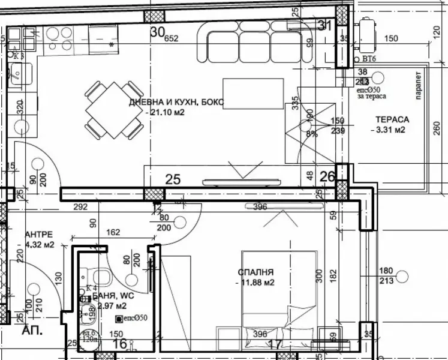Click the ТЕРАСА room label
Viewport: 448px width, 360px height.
pos(392,119)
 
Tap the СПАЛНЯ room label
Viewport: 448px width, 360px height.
pos(255,272)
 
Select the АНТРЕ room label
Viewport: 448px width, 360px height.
pos(40,234)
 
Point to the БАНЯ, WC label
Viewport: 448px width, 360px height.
pos(110,296)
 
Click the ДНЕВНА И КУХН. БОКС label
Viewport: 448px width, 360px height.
pos(176,102)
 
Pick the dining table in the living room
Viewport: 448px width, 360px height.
pos(110,110)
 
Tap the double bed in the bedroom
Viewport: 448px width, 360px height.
pos(279,294)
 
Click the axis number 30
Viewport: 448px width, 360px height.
pos(157,32)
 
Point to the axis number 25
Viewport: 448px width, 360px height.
pos(173,179)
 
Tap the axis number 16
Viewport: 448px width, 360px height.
pos(120,343)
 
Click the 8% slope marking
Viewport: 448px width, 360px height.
pos(312,134)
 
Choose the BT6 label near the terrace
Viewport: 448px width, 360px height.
pos(369,59)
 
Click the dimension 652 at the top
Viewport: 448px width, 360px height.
pos(172,38)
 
